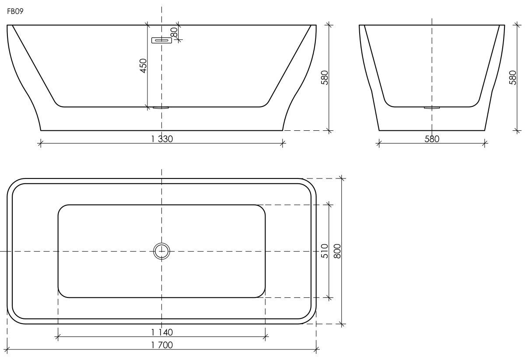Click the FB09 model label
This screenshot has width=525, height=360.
[15, 11]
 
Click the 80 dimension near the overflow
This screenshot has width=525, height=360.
[175, 32]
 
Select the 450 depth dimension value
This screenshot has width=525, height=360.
[143, 66]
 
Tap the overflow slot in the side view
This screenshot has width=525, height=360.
[161, 40]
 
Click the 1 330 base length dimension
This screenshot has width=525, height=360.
[162, 139]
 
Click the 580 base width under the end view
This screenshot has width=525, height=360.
[432, 139]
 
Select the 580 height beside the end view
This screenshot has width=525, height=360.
[513, 77]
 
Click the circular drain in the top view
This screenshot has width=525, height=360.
[162, 251]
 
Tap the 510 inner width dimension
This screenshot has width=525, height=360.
[325, 251]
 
